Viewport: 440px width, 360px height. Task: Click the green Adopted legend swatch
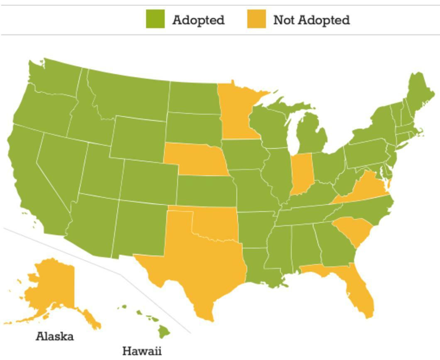155,19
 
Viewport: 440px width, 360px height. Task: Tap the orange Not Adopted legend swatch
256,19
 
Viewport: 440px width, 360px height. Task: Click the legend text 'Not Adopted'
311,20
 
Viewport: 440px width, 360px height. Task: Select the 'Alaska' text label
55,336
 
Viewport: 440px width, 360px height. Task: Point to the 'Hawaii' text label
142,351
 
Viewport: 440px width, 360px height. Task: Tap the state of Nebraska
195,160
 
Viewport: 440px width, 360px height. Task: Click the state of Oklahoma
216,226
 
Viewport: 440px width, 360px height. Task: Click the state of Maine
419,93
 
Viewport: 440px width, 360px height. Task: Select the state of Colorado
149,181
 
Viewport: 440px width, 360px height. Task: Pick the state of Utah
102,170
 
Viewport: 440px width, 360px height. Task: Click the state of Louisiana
259,266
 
